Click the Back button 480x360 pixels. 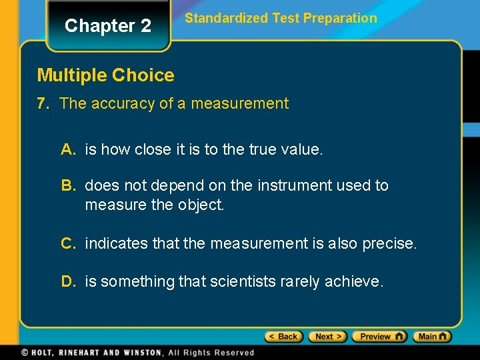tap(284, 337)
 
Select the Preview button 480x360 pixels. tap(379, 337)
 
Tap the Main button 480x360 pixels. tap(432, 337)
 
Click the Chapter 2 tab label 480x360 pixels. tap(108, 26)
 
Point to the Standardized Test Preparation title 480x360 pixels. tap(281, 18)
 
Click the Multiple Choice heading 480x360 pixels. tap(105, 75)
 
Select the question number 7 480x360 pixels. tap(44, 103)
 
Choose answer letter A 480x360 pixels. tap(68, 150)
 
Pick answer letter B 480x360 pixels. tap(68, 185)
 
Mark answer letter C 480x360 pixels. tap(68, 244)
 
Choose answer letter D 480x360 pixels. tap(68, 282)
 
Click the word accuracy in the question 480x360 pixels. tap(122, 103)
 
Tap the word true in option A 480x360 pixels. tap(266, 150)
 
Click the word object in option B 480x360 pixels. tap(201, 205)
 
